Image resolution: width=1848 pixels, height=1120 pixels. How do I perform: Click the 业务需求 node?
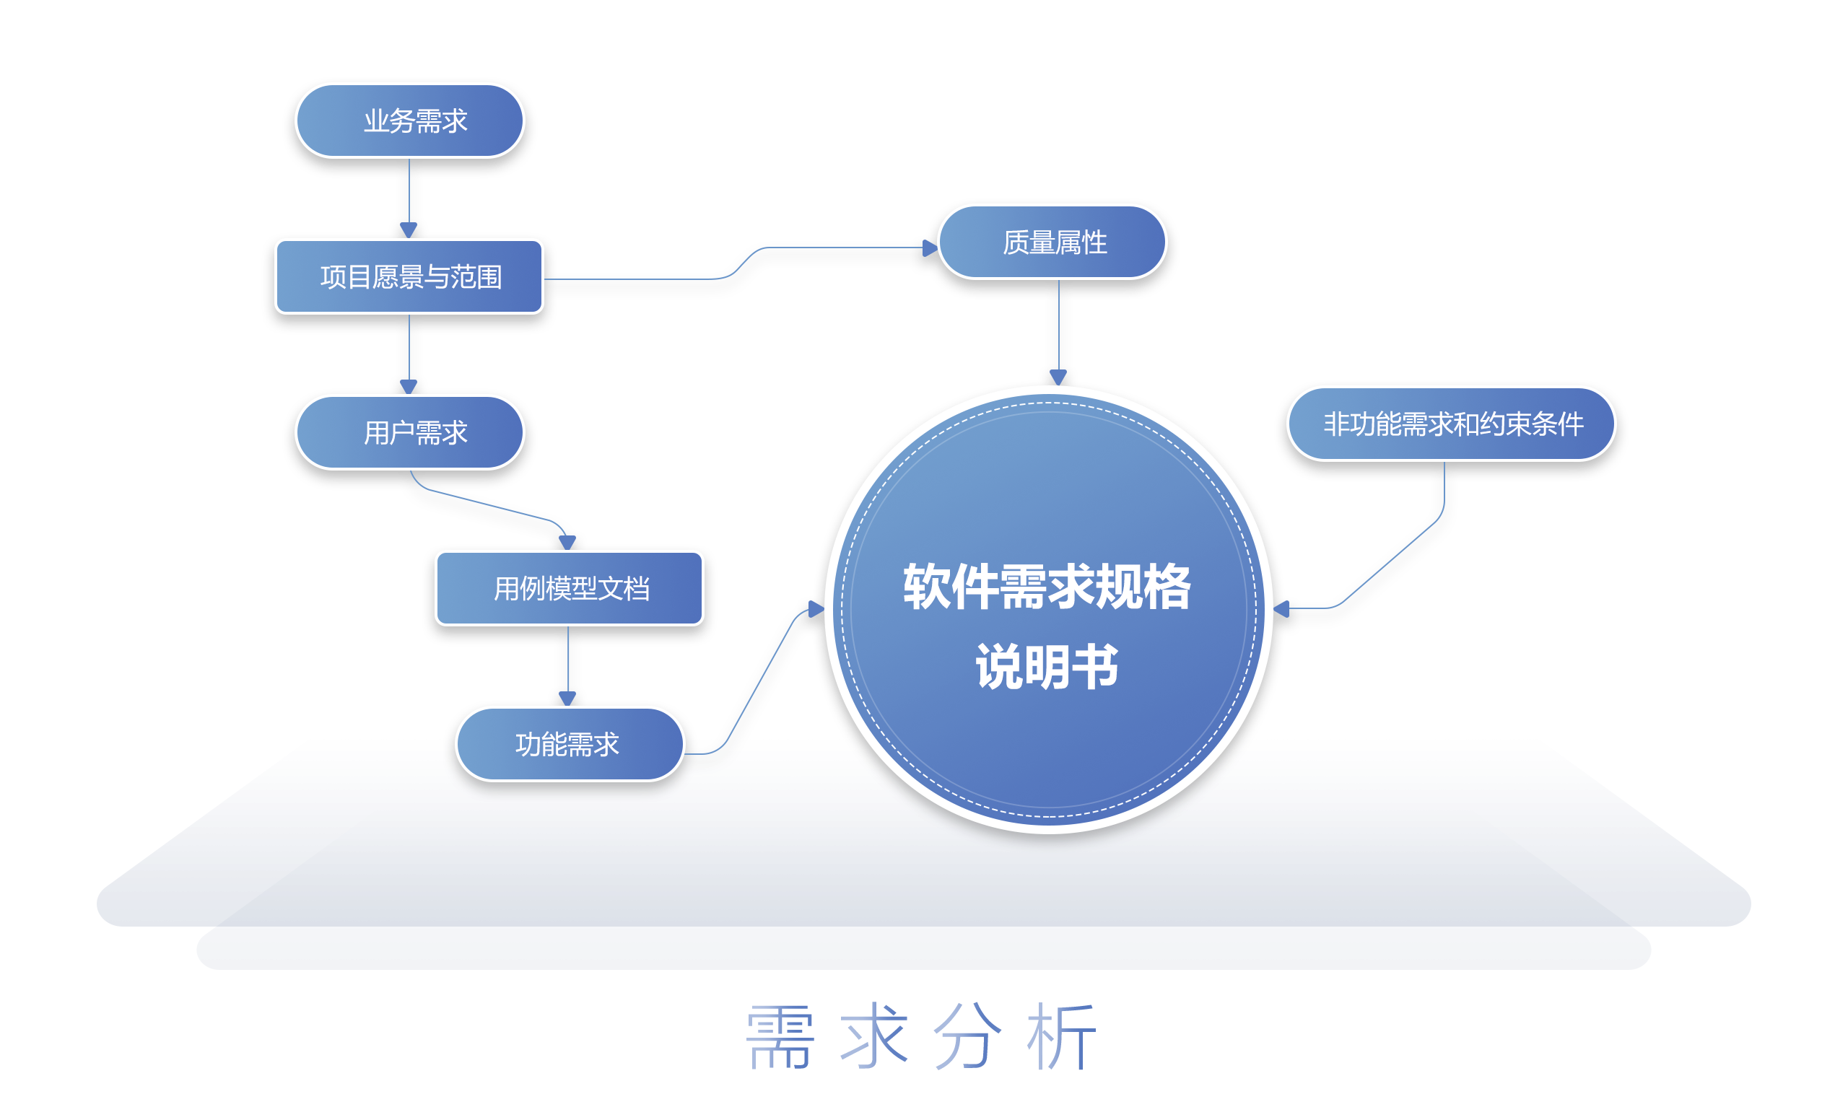pyautogui.click(x=409, y=121)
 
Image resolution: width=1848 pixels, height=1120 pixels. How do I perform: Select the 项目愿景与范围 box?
pyautogui.click(x=409, y=276)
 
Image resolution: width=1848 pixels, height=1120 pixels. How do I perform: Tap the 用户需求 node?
pyautogui.click(x=409, y=432)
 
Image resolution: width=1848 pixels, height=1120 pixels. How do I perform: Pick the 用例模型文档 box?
pyautogui.click(x=570, y=588)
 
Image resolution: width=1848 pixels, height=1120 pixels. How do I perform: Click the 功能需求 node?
pyautogui.click(x=570, y=745)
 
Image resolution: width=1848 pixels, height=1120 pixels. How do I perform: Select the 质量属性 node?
pyautogui.click(x=1052, y=242)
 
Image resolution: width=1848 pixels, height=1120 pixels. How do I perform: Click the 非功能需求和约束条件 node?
pyautogui.click(x=1450, y=424)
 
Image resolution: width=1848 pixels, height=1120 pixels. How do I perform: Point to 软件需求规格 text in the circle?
pyautogui.click(x=1047, y=587)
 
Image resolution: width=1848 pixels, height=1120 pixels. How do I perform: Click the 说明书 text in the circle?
pyautogui.click(x=1047, y=667)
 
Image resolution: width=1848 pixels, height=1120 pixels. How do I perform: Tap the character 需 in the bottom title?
pyautogui.click(x=780, y=1038)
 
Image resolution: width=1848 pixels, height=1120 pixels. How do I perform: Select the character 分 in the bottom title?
pyautogui.click(x=967, y=1038)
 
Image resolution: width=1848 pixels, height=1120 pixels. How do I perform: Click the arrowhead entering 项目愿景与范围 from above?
pyautogui.click(x=409, y=230)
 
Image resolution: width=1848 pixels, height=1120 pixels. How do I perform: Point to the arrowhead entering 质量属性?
pyautogui.click(x=930, y=248)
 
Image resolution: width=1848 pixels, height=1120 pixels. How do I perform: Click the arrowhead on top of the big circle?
pyautogui.click(x=1058, y=377)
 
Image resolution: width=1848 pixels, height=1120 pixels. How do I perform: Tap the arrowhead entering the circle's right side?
pyautogui.click(x=1282, y=609)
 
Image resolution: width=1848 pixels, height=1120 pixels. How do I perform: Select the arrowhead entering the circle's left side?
pyautogui.click(x=816, y=610)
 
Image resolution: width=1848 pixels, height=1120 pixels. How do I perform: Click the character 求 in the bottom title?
pyautogui.click(x=873, y=1038)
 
